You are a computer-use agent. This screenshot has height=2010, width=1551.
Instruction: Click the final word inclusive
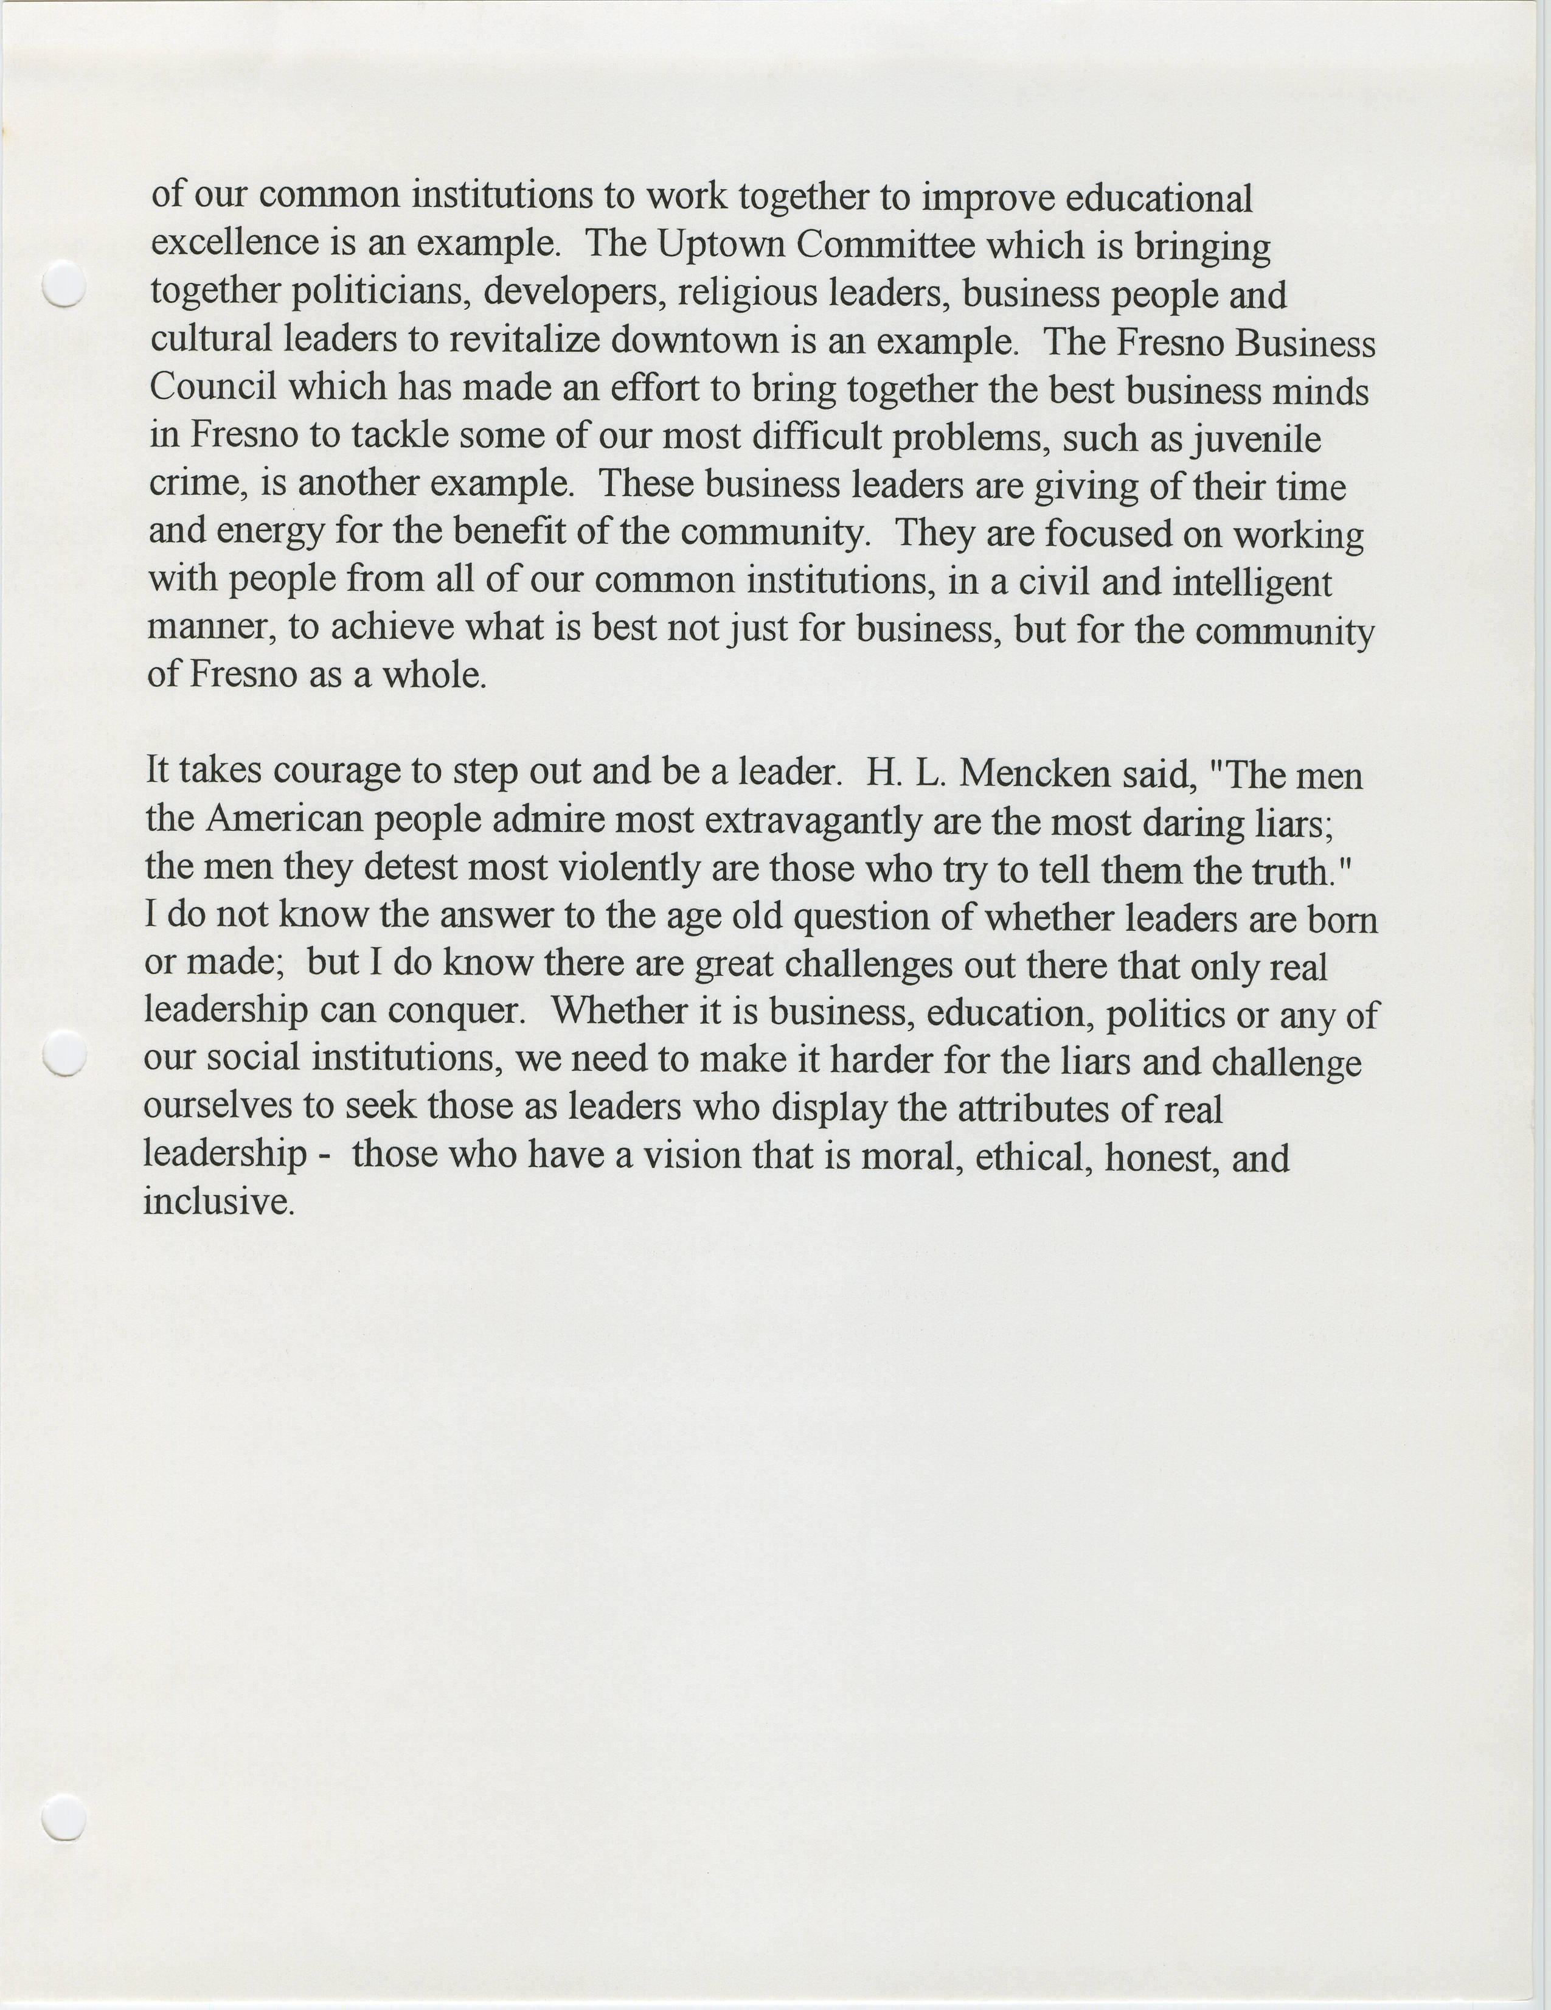pyautogui.click(x=218, y=1202)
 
